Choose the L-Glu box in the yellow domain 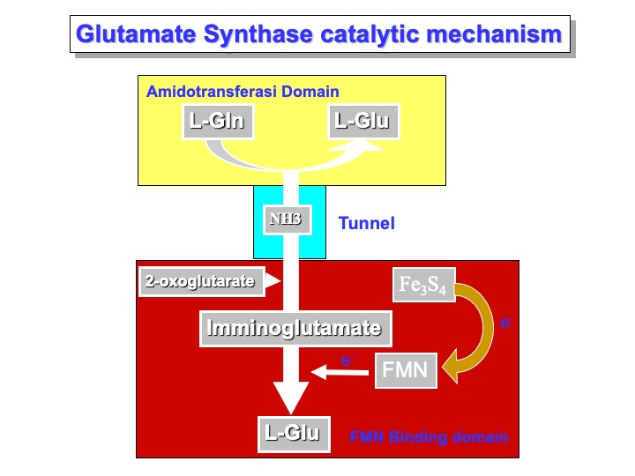point(363,121)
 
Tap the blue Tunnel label point(366,224)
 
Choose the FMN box point(406,370)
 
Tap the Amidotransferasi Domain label point(243,92)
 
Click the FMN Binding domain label point(429,436)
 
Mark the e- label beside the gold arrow point(506,324)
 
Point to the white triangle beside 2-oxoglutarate point(274,281)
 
